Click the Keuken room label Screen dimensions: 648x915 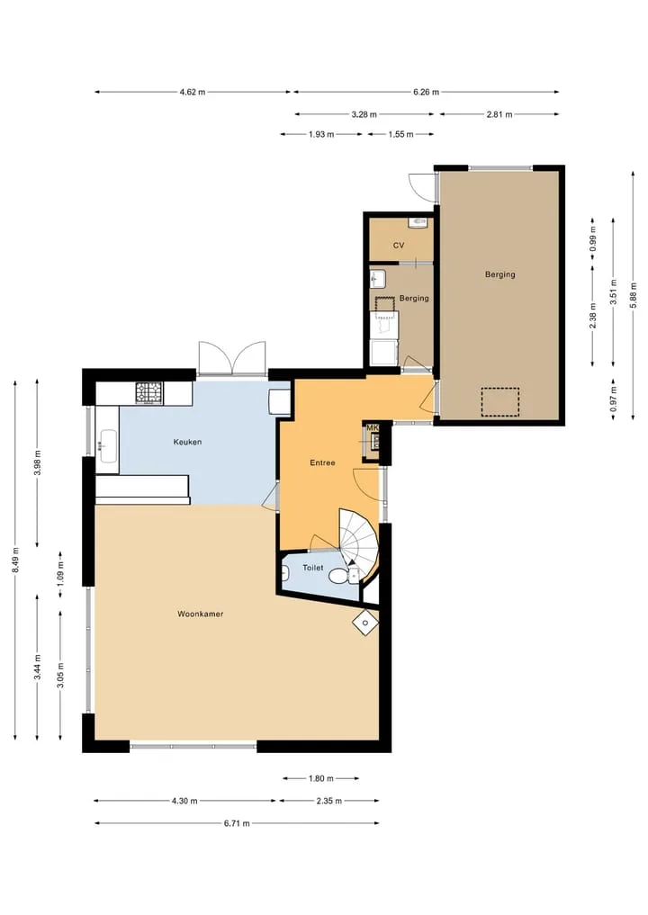coord(187,442)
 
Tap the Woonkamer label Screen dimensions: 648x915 coord(200,614)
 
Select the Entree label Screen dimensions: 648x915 coord(322,462)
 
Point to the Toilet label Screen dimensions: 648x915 coord(313,567)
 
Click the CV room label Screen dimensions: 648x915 coord(399,245)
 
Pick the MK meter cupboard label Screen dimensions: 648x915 coord(372,428)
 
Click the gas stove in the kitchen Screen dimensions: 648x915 coord(149,393)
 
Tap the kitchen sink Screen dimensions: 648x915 coord(109,446)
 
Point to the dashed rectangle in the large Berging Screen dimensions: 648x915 coord(500,402)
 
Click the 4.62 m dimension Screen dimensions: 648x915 coord(192,92)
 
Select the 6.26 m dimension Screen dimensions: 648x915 coord(427,92)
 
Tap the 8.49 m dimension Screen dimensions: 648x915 coord(15,560)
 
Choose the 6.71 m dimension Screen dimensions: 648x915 coord(237,823)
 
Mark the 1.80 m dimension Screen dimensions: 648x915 coord(321,778)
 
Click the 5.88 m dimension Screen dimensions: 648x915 coord(634,295)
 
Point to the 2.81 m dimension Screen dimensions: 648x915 coord(499,114)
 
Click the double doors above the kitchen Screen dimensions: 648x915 coord(232,358)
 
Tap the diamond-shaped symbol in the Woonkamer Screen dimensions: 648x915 coord(365,623)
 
